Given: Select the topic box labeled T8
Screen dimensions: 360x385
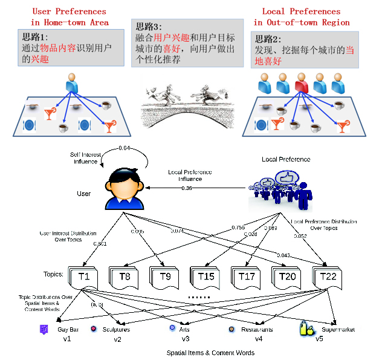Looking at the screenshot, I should point(125,277).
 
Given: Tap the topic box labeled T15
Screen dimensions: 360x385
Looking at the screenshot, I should point(206,277).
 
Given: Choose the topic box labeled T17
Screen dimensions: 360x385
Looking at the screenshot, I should point(247,277).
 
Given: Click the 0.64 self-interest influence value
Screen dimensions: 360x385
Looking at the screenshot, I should point(125,148).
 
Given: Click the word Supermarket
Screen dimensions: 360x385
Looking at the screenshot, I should point(338,330).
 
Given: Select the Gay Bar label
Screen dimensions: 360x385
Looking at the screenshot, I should point(68,330).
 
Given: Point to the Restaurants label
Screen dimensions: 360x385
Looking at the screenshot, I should point(257,330).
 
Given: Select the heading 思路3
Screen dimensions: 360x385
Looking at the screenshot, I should point(149,27).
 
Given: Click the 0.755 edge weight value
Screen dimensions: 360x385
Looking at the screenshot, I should point(239,227).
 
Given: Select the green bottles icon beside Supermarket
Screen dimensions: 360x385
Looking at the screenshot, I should point(308,328).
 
